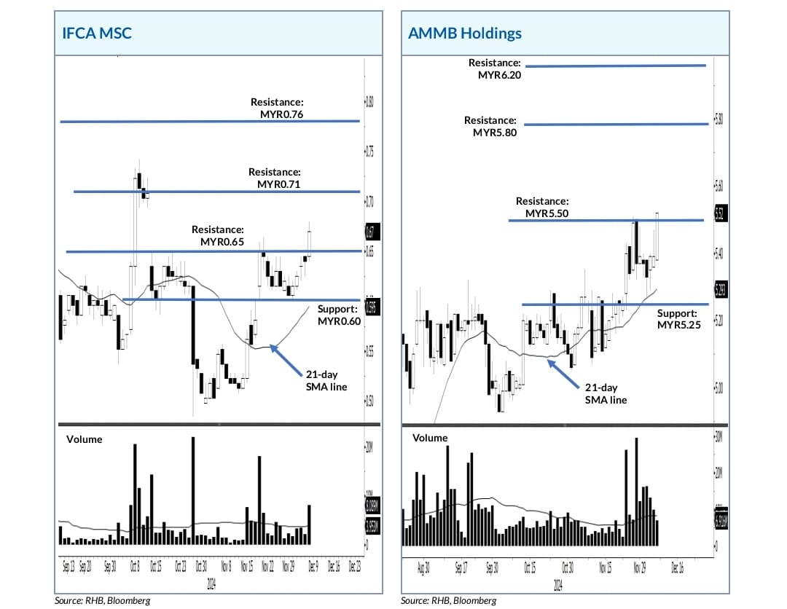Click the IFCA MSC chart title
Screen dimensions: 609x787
(96, 34)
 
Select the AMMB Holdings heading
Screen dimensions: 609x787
(465, 34)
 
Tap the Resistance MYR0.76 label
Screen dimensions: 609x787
(277, 109)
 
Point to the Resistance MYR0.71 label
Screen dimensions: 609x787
(275, 178)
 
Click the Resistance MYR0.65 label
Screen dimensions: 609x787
(218, 235)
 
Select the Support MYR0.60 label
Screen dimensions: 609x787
(339, 315)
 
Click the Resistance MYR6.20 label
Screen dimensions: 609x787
(495, 69)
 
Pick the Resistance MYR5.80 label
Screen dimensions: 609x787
(490, 126)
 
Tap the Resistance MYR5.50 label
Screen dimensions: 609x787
(541, 207)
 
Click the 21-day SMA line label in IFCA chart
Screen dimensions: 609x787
(326, 380)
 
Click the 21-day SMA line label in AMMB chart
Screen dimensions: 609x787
(606, 393)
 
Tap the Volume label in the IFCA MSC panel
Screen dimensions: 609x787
(85, 439)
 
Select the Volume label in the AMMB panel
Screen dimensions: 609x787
(430, 438)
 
